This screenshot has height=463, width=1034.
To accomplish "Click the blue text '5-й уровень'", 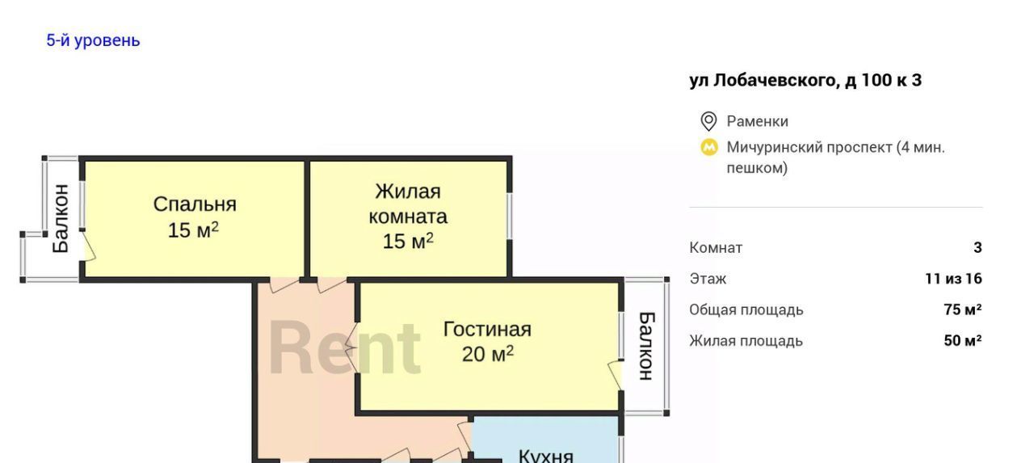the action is pos(93,40).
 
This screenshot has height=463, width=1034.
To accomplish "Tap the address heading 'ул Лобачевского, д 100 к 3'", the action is pos(805,80).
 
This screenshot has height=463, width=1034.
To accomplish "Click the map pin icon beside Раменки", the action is pos(708,121).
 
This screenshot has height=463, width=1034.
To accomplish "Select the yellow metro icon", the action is pos(709,148).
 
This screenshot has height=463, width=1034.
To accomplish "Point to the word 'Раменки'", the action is pos(758,121).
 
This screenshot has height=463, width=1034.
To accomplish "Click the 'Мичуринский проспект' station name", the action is pos(809,148).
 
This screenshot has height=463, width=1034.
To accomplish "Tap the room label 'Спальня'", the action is pos(195,204).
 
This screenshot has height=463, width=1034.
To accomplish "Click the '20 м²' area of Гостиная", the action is pos(487,354).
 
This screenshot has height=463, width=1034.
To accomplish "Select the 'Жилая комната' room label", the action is pos(408,204).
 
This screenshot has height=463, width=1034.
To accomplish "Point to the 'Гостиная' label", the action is pos(487,329).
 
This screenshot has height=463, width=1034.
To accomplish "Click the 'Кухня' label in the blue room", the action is pos(546,456).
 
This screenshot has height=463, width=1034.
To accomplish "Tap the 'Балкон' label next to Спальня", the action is pos(61,218).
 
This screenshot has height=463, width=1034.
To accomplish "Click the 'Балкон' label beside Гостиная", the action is pos(646,346).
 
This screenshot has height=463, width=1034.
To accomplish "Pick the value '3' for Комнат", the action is pos(977,247).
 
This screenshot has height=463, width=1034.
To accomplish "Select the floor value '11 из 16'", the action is pos(954,278).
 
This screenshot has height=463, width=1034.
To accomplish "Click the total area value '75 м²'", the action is pos(963,309).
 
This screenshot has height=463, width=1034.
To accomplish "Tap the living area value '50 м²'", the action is pos(963,340).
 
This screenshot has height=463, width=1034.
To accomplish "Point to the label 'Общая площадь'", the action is pos(746,309).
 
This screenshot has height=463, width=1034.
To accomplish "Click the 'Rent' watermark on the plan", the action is pos(345,347).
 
